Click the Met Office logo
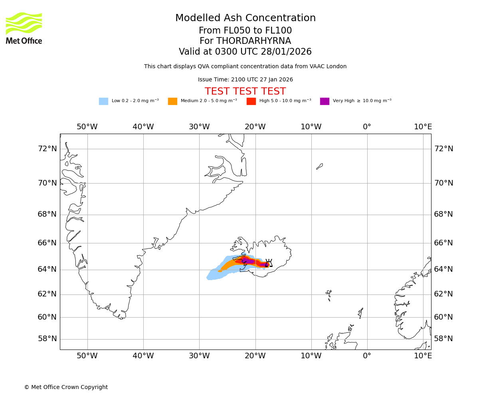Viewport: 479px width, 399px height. click(24, 28)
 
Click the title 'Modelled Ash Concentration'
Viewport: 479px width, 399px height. click(245, 18)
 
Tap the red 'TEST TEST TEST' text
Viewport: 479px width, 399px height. click(245, 91)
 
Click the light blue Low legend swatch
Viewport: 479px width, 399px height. click(103, 101)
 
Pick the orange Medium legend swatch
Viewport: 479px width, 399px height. click(172, 101)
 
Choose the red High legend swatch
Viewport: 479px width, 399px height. click(251, 101)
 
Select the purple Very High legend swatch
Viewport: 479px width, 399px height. click(325, 101)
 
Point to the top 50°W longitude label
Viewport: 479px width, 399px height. click(87, 127)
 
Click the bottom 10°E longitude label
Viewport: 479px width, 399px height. click(423, 356)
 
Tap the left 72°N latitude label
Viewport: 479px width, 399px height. click(47, 149)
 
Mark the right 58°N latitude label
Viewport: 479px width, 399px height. click(443, 339)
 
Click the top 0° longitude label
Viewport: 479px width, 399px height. click(367, 127)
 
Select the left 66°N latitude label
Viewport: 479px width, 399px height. click(47, 243)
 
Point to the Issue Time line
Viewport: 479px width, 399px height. click(245, 80)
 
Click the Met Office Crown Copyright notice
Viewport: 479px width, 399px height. click(66, 387)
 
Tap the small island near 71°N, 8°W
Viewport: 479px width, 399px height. click(320, 166)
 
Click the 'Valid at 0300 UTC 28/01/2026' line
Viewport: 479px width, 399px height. click(245, 52)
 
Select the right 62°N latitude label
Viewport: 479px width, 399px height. click(443, 294)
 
